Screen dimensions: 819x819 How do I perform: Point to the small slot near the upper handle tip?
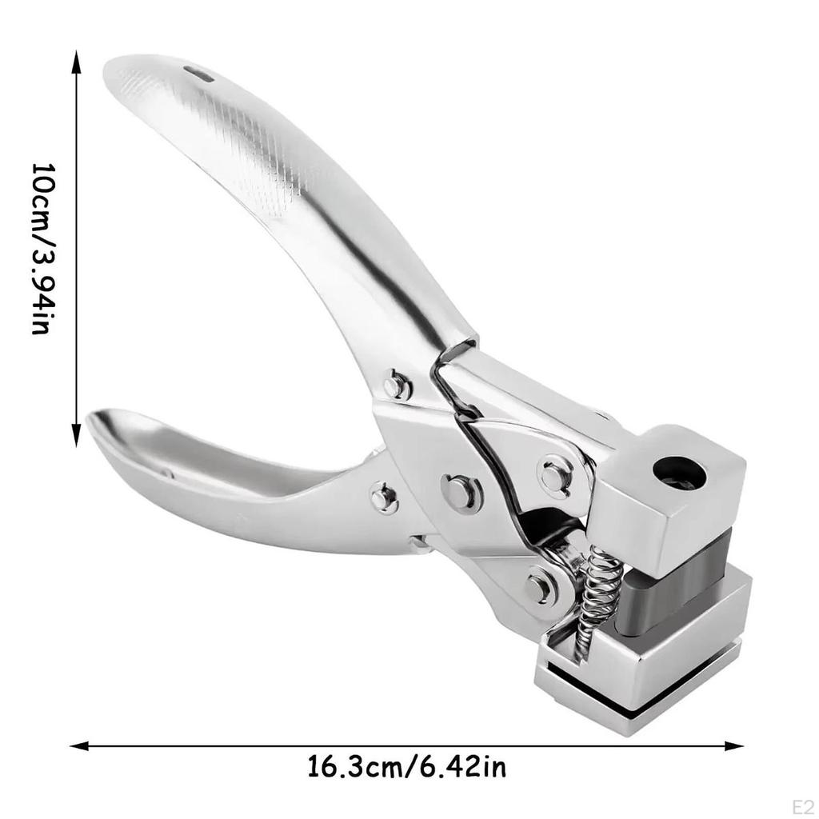coord(199,74)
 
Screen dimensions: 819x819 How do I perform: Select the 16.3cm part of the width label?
coord(353,769)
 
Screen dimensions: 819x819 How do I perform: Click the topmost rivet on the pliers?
coord(397,386)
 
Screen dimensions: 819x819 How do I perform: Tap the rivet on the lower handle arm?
coord(385,498)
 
